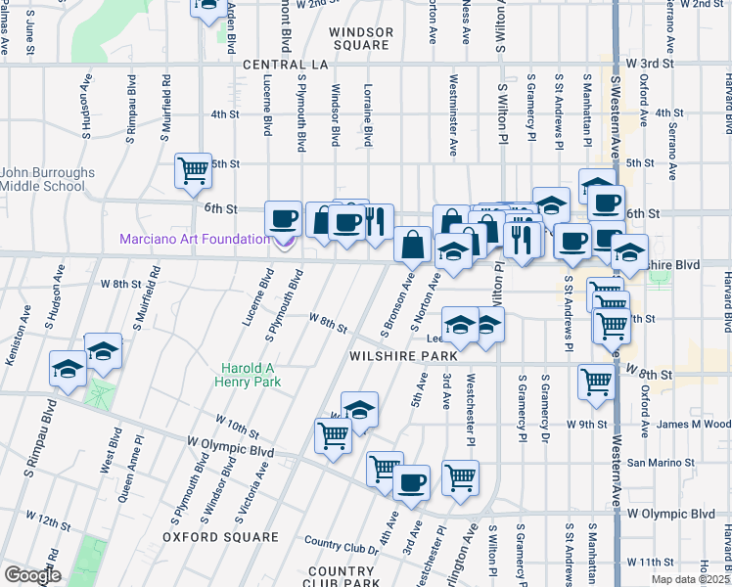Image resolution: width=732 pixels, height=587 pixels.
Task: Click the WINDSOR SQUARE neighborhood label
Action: coord(361,38)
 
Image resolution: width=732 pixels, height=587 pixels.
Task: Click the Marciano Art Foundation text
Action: coord(194,239)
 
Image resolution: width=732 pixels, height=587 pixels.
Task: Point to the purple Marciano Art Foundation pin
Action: coord(286,242)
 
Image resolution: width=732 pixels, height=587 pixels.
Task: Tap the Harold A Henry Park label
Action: coord(252,375)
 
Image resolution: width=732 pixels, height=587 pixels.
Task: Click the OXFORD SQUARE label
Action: coord(220,537)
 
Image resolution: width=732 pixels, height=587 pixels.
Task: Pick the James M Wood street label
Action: coord(693,424)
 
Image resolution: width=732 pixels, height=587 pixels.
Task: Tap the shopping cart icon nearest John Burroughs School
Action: coord(193,170)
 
